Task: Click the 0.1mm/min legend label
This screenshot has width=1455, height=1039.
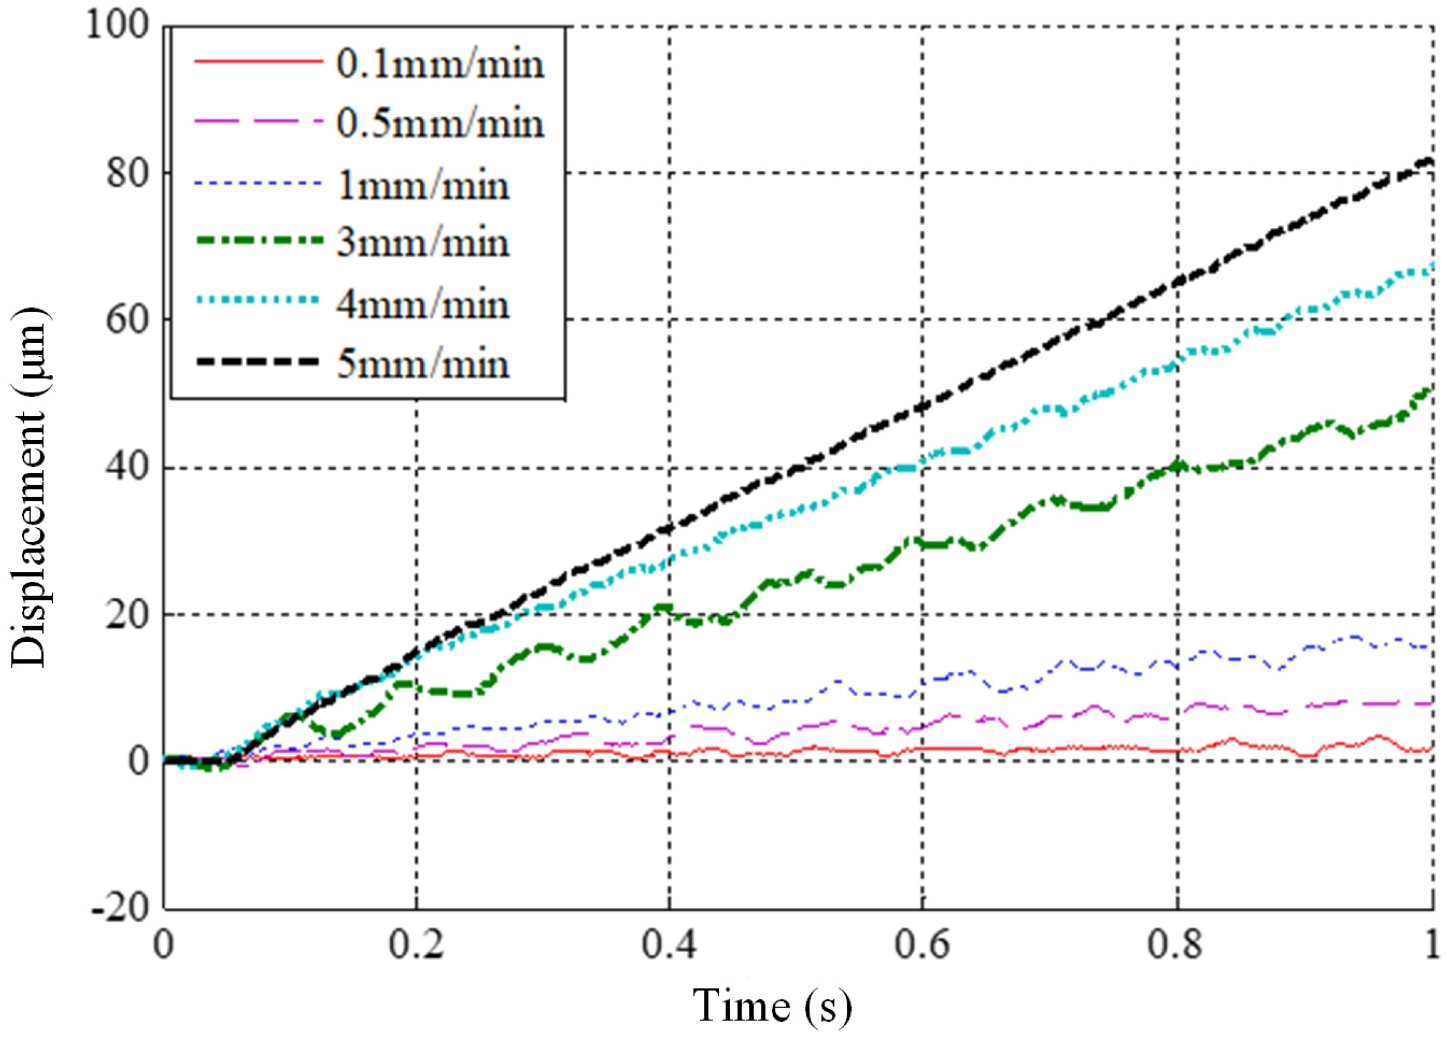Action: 441,65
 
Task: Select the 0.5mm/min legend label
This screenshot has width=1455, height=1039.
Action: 441,124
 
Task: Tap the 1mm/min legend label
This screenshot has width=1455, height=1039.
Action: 423,186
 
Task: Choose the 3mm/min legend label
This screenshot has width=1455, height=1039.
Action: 423,243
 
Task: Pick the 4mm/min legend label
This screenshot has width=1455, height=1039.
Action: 423,303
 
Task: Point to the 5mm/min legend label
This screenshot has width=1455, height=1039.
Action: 423,364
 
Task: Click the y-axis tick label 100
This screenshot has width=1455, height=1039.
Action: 118,27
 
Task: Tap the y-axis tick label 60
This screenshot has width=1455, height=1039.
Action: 128,319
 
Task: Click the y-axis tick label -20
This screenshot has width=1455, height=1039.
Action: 122,908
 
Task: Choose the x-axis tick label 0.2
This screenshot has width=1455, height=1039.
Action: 416,945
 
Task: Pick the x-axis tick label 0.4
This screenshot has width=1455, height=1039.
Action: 669,945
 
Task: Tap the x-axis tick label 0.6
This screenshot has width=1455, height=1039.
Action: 922,945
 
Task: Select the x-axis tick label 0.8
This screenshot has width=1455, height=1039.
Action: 1176,945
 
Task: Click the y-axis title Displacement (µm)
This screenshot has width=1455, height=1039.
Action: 29,487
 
